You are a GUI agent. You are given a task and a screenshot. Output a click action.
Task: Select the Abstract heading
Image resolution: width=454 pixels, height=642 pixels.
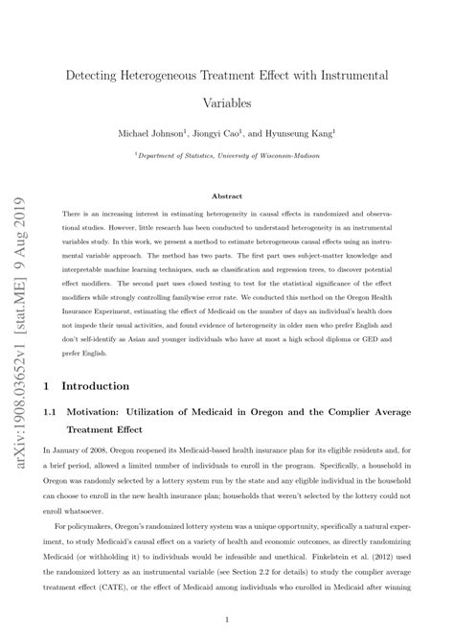(x=226, y=195)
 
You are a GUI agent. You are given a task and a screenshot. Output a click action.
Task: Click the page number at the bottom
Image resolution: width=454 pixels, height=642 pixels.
(x=226, y=620)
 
